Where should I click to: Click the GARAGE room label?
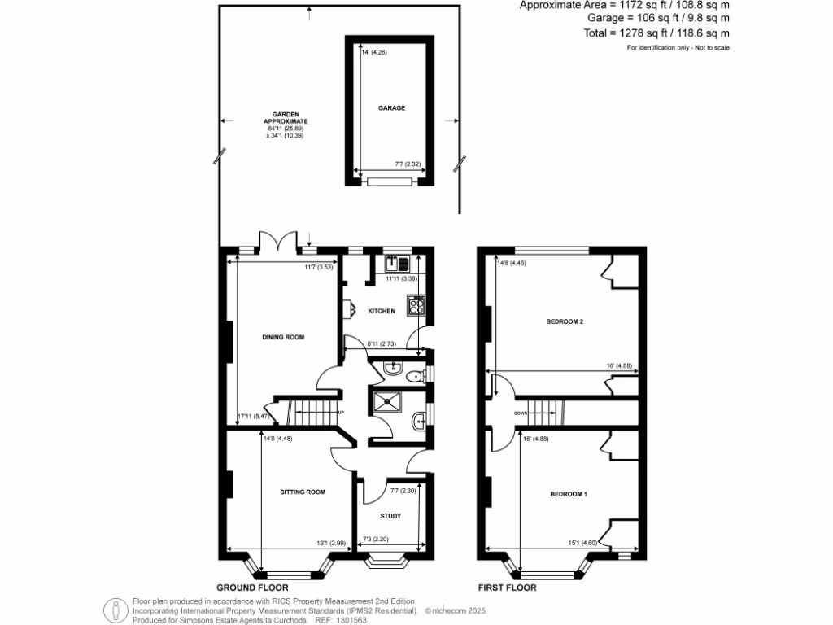tap(391, 107)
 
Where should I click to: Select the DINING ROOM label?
tap(283, 336)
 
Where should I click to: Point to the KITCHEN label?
tap(382, 311)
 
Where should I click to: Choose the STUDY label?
tap(391, 515)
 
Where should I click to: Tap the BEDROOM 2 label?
tap(565, 321)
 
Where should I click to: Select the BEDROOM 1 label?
tap(568, 494)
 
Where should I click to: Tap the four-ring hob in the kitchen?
tap(418, 306)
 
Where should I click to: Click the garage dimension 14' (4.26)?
tap(371, 53)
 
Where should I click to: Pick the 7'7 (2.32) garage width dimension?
tap(407, 164)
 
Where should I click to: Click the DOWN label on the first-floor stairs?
tap(521, 413)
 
